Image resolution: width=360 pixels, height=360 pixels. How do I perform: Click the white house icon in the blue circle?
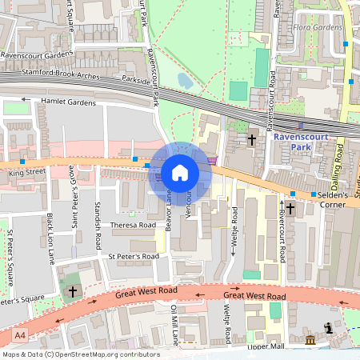180,172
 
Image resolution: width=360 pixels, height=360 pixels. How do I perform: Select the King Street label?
26,172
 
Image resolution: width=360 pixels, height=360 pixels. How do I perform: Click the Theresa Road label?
133,226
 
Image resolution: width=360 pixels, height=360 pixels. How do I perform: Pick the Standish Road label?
98,208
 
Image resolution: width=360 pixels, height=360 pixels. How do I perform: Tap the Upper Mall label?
266,347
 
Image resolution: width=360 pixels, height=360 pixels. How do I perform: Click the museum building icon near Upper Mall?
310,342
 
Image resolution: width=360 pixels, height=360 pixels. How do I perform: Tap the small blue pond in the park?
186,82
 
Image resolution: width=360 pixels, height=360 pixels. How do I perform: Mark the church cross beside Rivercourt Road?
290,210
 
